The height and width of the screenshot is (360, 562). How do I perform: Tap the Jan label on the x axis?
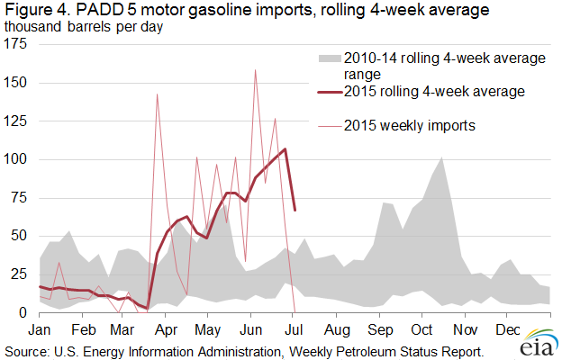coord(41,329)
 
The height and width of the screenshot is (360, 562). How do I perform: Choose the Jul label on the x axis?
coord(295,329)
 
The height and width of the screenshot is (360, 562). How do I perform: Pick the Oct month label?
coord(422,329)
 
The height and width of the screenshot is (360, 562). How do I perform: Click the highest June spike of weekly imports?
coord(256,70)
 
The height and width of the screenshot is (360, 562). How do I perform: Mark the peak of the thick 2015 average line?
coord(286,149)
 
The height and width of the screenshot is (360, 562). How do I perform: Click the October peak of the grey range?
coord(441,158)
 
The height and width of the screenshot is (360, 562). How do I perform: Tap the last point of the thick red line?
coord(295,210)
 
